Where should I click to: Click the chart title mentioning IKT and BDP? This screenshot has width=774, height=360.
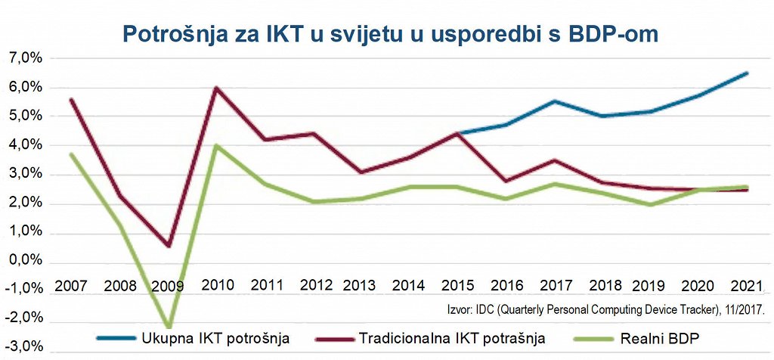(387, 34)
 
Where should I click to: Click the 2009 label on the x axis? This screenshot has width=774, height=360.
(169, 286)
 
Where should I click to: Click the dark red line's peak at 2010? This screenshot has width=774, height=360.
(217, 88)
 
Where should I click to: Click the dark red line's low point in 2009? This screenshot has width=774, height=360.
(169, 246)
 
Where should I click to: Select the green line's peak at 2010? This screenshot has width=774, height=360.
(217, 145)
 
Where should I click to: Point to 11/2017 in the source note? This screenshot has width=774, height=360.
(738, 309)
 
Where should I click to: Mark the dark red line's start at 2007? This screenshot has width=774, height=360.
(71, 99)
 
